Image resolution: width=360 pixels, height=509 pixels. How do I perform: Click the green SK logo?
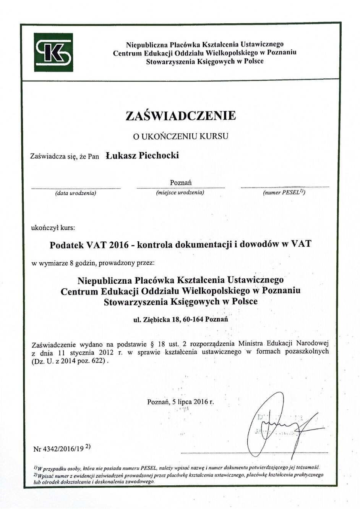click(x=54, y=52)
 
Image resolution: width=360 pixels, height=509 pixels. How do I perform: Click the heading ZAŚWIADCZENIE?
click(x=180, y=115)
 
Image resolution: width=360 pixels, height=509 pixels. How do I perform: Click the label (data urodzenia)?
click(x=76, y=193)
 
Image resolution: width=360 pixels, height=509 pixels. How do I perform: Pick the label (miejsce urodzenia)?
click(x=180, y=192)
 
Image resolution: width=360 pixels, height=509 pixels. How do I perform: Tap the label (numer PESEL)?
click(x=284, y=192)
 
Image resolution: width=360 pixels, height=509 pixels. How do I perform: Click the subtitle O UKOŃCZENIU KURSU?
click(x=180, y=136)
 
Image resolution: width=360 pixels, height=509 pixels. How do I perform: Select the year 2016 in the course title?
click(x=118, y=245)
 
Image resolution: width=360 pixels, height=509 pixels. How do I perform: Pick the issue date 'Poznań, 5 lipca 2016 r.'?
click(x=180, y=402)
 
